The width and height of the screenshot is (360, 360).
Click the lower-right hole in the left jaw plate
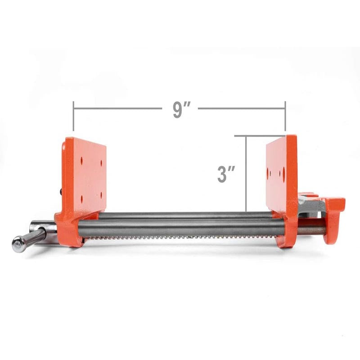click(101, 194)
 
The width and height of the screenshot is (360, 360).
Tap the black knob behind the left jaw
click(61, 192)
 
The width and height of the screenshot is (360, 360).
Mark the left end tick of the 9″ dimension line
click(73, 116)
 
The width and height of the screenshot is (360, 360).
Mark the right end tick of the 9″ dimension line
click(285, 116)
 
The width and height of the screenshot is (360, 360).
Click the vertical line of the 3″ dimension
click(246, 173)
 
